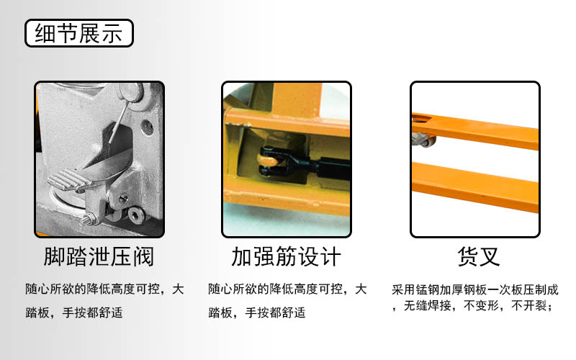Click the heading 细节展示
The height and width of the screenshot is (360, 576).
78,33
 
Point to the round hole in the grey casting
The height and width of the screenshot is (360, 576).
148,127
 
